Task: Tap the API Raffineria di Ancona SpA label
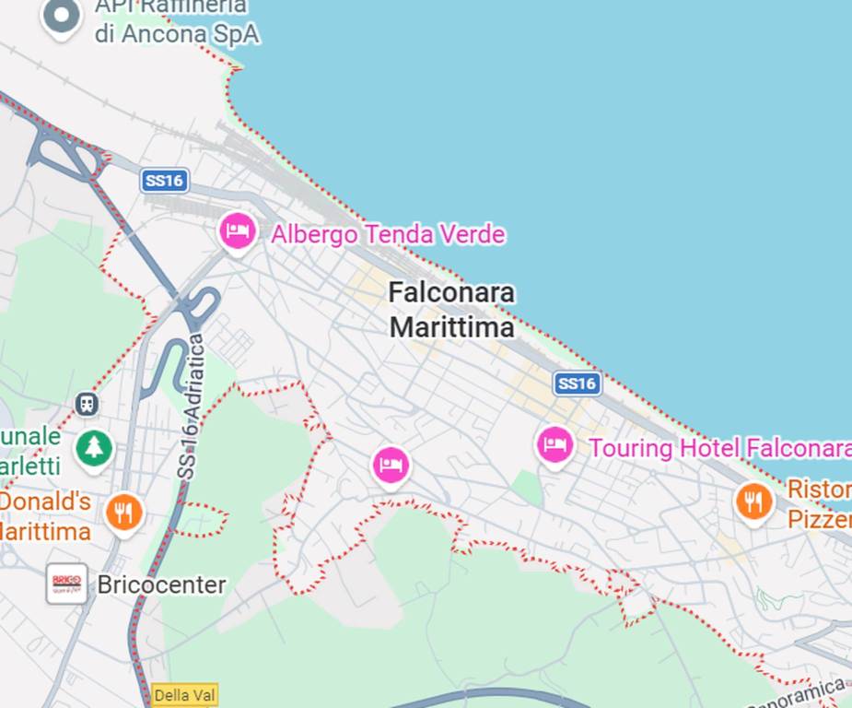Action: pos(176,20)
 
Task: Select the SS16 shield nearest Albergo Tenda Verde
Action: pos(165,181)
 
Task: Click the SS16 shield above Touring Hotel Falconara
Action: pos(578,383)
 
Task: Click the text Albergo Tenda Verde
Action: pos(388,234)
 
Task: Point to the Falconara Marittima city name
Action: pos(451,310)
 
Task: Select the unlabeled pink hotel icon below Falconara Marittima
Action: pos(391,465)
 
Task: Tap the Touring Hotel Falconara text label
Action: pos(719,448)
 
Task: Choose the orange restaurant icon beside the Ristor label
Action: pos(753,501)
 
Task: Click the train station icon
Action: pos(87,404)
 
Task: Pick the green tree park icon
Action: pos(93,448)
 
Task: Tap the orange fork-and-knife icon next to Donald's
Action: pos(124,511)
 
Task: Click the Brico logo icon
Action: pos(67,584)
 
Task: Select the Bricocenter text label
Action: pos(161,584)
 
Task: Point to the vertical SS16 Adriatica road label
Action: pos(190,407)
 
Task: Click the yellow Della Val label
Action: pos(184,695)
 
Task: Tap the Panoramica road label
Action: pos(806,692)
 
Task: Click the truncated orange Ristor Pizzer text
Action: pos(818,503)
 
